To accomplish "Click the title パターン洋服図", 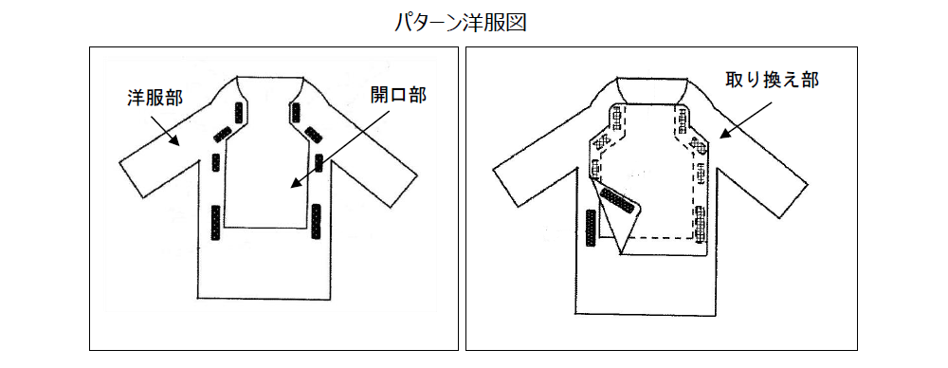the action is coord(461,23).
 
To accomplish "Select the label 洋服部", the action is coord(155,98).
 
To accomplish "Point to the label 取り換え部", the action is coord(772,80).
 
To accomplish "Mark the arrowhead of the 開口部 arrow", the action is coord(295,183).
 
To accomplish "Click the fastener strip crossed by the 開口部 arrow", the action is coord(319,162).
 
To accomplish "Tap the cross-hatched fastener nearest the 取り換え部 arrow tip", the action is coord(699,145).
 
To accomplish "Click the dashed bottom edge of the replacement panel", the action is coord(661,236).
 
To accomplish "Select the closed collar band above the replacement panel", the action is coord(652,90).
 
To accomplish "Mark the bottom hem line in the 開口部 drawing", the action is coord(265,299).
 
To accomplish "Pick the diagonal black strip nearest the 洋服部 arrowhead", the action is coord(221,135).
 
